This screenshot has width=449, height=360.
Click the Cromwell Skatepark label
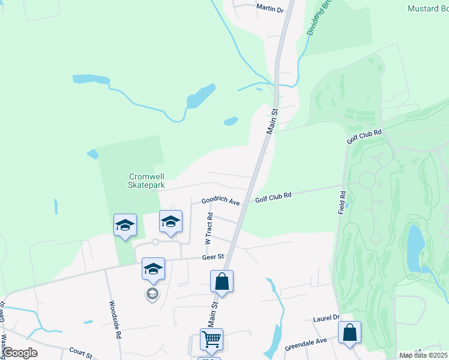147,181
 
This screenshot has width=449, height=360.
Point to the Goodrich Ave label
220,202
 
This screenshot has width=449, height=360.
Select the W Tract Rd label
209,230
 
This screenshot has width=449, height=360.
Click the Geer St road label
212,257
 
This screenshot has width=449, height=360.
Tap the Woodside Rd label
115,320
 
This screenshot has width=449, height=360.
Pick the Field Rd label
342,203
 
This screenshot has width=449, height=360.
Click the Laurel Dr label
326,318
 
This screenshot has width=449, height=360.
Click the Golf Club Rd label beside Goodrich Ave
273,196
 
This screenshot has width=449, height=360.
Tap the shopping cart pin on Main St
212,340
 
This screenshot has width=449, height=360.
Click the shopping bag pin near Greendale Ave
349,333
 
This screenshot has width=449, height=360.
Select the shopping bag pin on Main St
221,281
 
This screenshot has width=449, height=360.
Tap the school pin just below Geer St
153,269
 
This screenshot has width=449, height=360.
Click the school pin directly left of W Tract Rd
170,222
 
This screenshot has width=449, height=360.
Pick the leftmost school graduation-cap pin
125,226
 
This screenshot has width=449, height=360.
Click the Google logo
19,353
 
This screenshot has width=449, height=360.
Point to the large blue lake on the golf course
415,248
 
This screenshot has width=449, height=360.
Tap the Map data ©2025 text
423,355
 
